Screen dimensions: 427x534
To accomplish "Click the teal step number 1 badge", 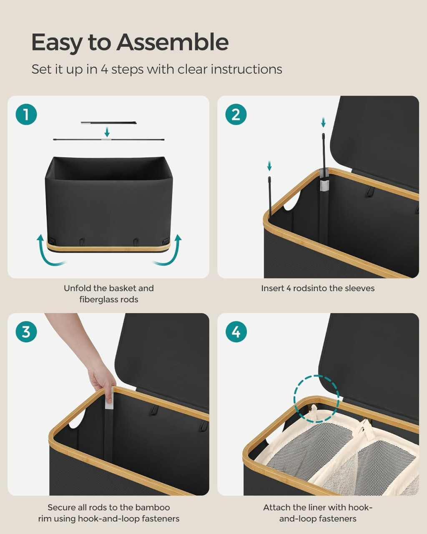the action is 26,114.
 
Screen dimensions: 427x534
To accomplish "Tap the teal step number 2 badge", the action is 236,114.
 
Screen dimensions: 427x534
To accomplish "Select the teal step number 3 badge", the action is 26,332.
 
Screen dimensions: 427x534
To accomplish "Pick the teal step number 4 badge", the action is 236,332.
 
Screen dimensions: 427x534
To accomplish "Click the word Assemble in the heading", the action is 173,43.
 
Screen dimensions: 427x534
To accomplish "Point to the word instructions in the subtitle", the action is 246,69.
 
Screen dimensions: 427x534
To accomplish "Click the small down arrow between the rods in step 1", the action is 107,132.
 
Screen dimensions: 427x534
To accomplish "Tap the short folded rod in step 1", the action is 109,123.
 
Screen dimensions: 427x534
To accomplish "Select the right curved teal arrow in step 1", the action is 169,253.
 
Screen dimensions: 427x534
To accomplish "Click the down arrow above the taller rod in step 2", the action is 323,123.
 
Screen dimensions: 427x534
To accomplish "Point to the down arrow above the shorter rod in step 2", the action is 269,166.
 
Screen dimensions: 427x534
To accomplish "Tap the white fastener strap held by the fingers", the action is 109,399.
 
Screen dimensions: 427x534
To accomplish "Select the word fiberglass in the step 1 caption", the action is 100,300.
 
